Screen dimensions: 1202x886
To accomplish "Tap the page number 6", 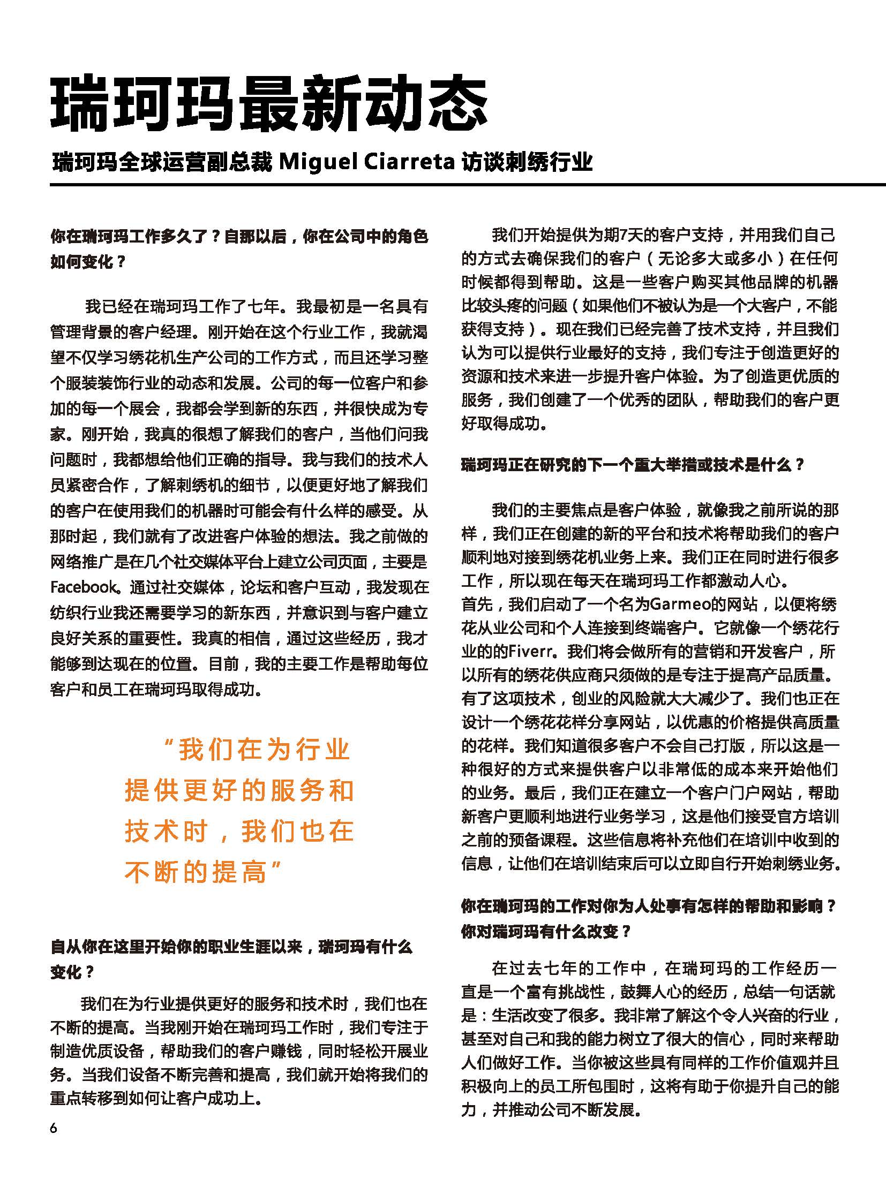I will pyautogui.click(x=53, y=1128).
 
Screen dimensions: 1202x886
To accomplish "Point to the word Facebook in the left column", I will pyautogui.click(x=83, y=587).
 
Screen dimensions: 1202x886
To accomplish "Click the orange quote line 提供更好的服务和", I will pyautogui.click(x=239, y=790).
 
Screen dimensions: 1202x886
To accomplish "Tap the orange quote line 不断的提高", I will pyautogui.click(x=196, y=872).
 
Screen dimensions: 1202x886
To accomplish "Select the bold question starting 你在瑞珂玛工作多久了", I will pyautogui.click(x=239, y=237).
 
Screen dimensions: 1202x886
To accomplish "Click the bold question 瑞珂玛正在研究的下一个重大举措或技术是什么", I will pyautogui.click(x=633, y=464).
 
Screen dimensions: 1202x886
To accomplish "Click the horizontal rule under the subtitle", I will pyautogui.click(x=467, y=185).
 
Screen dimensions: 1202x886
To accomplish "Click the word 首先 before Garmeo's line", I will pyautogui.click(x=477, y=605).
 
